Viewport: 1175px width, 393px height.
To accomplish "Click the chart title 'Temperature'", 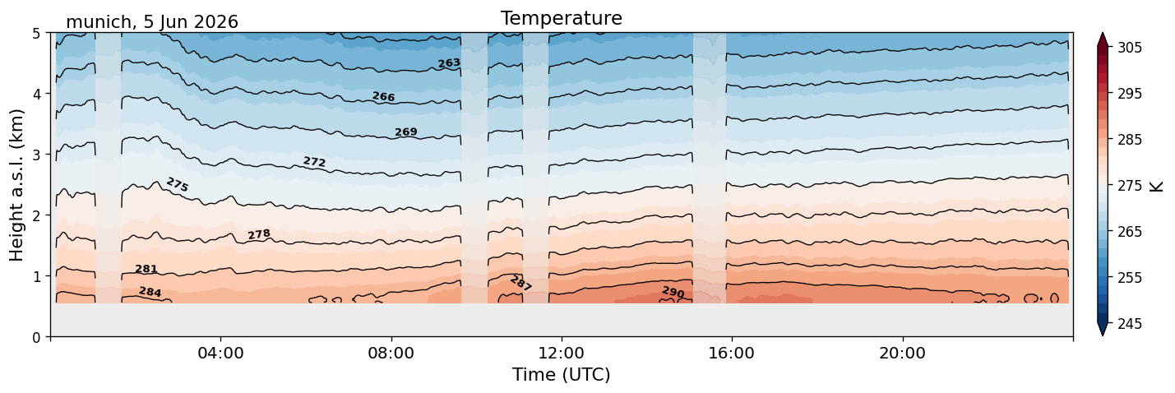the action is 562,18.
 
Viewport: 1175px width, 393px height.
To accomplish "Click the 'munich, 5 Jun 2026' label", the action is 152,22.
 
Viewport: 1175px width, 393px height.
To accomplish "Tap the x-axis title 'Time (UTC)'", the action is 562,375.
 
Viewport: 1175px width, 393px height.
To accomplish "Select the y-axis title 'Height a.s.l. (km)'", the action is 16,185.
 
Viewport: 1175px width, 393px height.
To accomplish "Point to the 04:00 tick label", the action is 221,353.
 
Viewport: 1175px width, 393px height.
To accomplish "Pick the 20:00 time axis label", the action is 903,353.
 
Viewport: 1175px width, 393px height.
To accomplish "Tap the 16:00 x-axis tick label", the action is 733,353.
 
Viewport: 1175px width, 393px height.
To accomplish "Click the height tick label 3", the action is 36,155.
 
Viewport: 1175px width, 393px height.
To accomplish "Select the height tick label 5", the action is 36,34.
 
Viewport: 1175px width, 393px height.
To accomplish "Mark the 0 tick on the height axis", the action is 36,337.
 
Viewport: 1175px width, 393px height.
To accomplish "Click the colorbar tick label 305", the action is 1130,48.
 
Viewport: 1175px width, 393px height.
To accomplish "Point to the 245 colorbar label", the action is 1130,324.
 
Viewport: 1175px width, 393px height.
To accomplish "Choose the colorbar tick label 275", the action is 1130,186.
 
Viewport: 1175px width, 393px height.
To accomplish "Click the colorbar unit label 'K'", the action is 1156,186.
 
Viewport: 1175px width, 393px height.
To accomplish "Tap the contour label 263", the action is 449,63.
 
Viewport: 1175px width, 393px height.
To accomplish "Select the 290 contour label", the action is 673,292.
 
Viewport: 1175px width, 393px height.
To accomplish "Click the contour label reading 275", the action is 178,184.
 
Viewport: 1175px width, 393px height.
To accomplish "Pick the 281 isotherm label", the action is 146,269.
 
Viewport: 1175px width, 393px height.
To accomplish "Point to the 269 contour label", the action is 406,132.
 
